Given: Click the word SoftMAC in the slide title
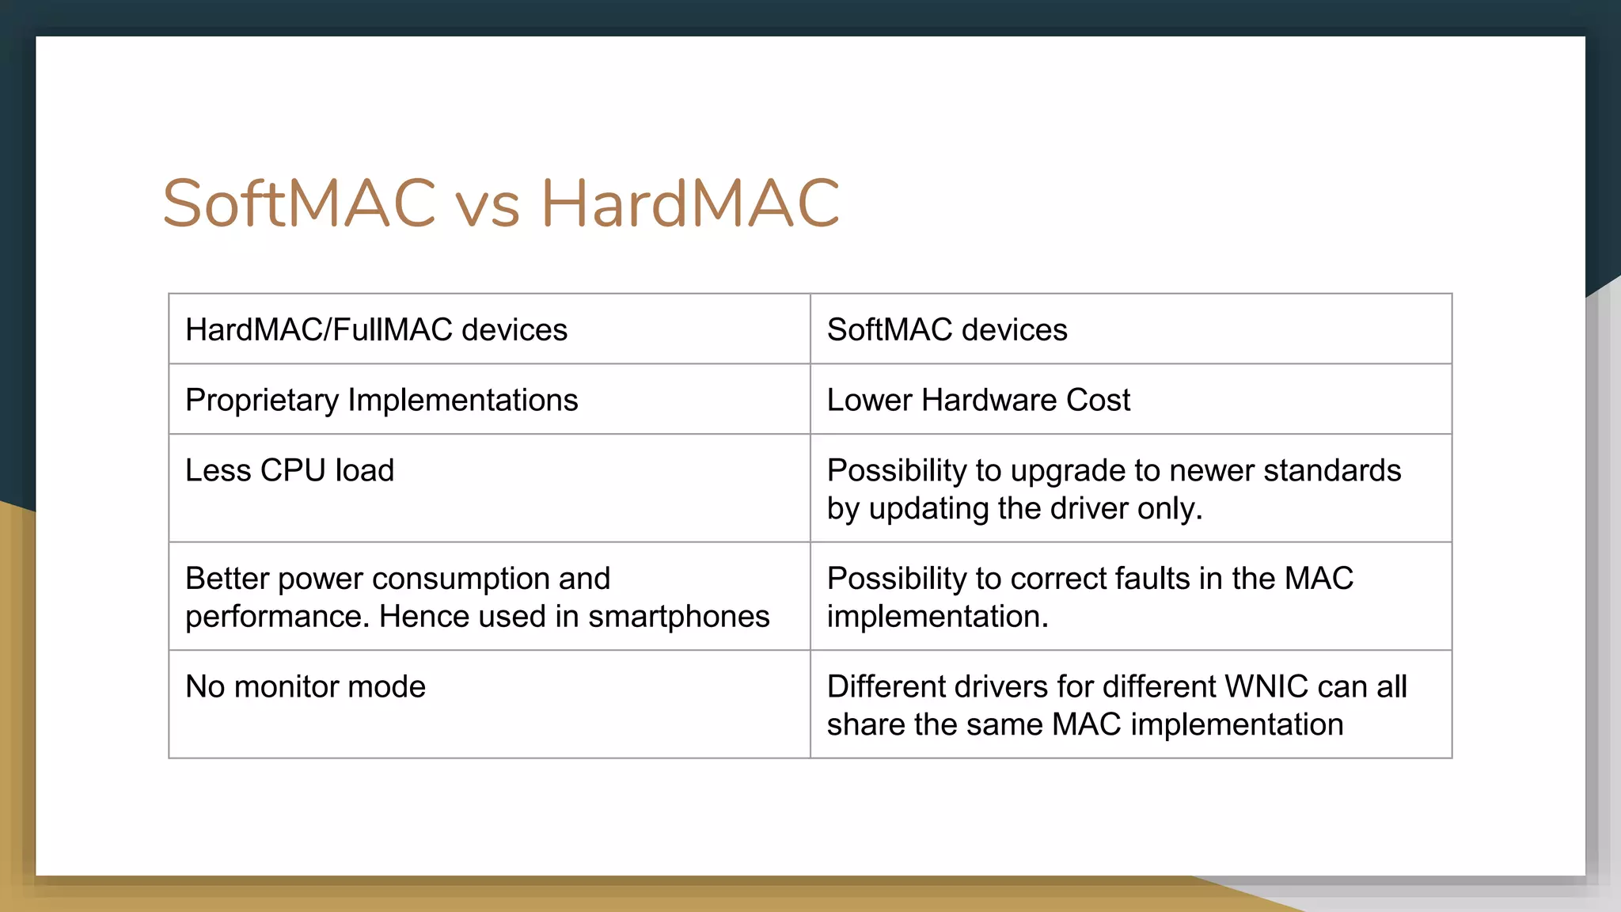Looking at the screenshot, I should tap(299, 203).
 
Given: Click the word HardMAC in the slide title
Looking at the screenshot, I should tap(689, 203).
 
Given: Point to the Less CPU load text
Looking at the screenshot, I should tap(290, 470).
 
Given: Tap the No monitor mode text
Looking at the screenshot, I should tap(306, 686).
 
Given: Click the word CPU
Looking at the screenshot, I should tap(293, 470).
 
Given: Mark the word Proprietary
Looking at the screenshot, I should tap(261, 401).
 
